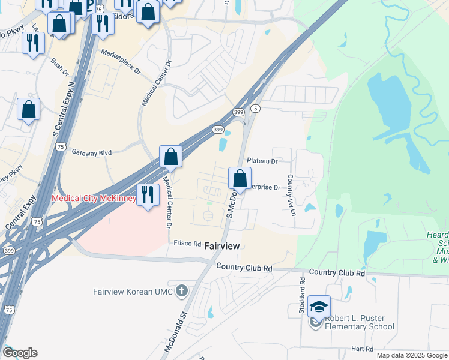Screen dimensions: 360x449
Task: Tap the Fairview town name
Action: pyautogui.click(x=222, y=246)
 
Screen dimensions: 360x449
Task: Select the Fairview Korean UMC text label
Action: pyautogui.click(x=133, y=292)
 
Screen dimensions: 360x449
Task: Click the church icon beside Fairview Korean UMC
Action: pyautogui.click(x=182, y=292)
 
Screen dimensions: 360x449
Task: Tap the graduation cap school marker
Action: pyautogui.click(x=319, y=307)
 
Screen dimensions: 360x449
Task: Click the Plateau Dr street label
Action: pyautogui.click(x=262, y=161)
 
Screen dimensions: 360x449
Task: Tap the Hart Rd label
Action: pyautogui.click(x=362, y=349)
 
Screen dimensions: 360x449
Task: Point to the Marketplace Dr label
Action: pyautogui.click(x=120, y=62)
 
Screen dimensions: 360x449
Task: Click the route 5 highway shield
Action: pyautogui.click(x=256, y=108)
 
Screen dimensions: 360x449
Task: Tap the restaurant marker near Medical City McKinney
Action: pyautogui.click(x=147, y=194)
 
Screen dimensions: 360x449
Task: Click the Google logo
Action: pyautogui.click(x=20, y=353)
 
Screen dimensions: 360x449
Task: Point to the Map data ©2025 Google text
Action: pyautogui.click(x=411, y=355)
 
